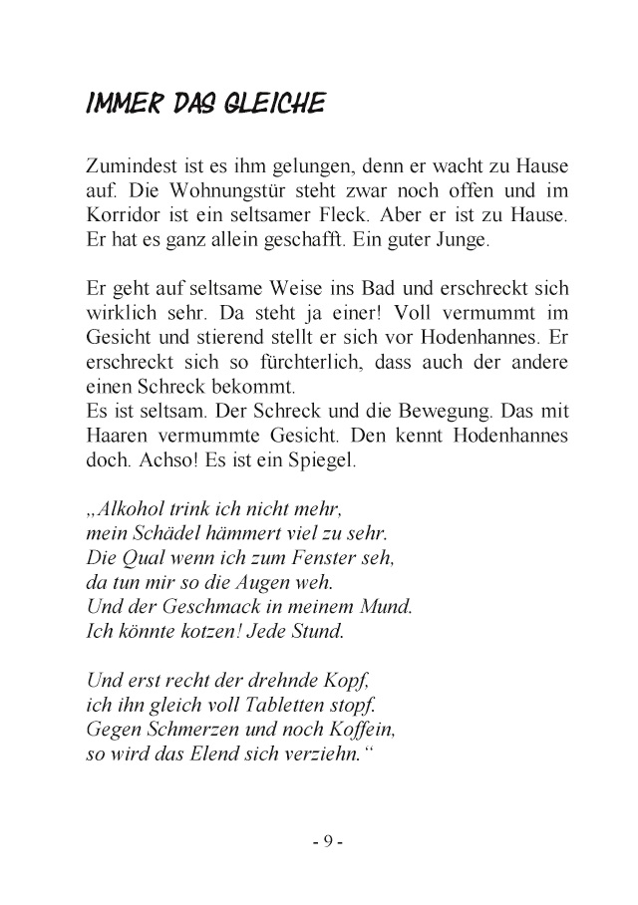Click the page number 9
point(326,842)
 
